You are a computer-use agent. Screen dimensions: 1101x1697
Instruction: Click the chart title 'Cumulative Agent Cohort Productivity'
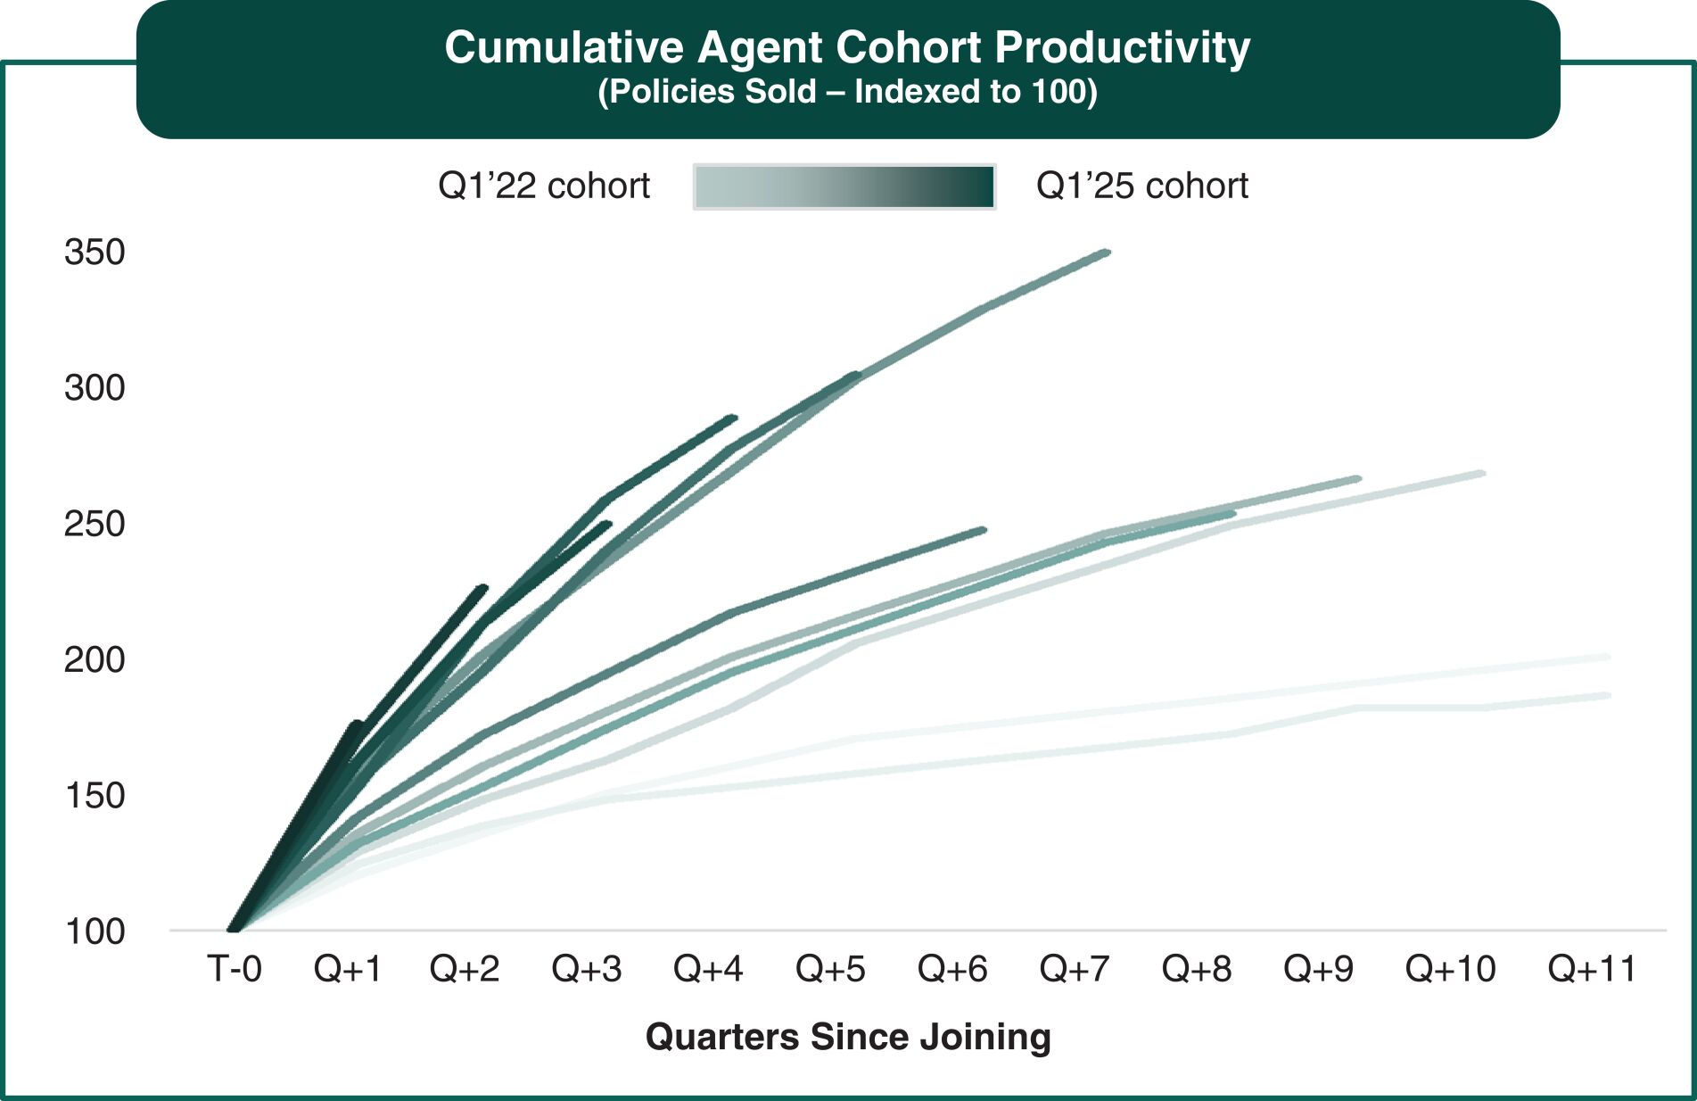[847, 47]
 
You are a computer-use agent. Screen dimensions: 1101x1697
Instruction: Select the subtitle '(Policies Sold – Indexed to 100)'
[847, 92]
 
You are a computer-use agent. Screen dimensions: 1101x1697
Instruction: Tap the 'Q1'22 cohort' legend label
[544, 186]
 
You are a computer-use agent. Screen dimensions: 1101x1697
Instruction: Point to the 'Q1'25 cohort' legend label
[1141, 186]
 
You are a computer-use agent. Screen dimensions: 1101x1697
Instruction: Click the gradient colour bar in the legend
[844, 186]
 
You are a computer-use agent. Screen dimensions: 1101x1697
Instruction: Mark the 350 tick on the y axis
[95, 252]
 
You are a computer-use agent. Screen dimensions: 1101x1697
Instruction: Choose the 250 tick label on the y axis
[95, 524]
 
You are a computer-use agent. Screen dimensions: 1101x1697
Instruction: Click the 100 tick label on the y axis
[95, 931]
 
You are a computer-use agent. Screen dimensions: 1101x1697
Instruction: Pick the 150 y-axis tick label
[95, 795]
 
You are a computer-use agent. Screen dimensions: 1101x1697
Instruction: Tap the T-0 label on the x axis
[235, 969]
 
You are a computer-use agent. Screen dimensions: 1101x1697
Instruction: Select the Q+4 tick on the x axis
[708, 969]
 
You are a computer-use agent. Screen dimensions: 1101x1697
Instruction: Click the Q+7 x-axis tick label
[1075, 969]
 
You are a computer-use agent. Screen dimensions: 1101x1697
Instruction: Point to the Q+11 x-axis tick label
[1592, 969]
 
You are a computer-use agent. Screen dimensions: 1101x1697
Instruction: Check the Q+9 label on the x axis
[1318, 969]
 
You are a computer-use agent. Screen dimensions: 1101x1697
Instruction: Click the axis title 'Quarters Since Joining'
[848, 1037]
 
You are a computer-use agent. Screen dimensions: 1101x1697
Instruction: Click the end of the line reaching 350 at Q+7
[1107, 252]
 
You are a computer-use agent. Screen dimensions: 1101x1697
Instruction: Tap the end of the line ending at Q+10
[1481, 473]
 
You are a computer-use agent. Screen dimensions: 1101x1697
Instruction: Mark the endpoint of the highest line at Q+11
[1607, 658]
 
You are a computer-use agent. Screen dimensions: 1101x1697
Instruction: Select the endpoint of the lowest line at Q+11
[1607, 695]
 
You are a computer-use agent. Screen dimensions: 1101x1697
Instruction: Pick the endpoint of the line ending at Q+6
[984, 530]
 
